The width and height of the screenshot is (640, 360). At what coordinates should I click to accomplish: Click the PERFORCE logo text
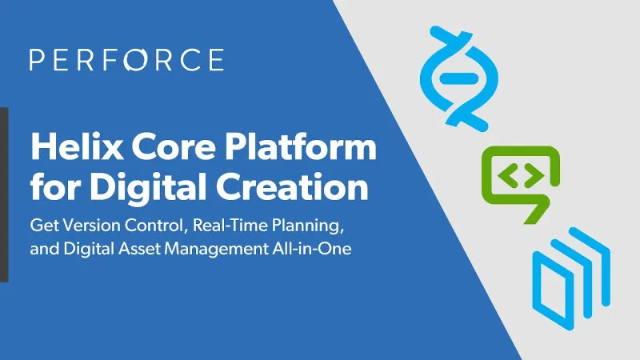(x=126, y=61)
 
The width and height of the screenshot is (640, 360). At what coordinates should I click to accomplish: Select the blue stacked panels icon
(x=571, y=272)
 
